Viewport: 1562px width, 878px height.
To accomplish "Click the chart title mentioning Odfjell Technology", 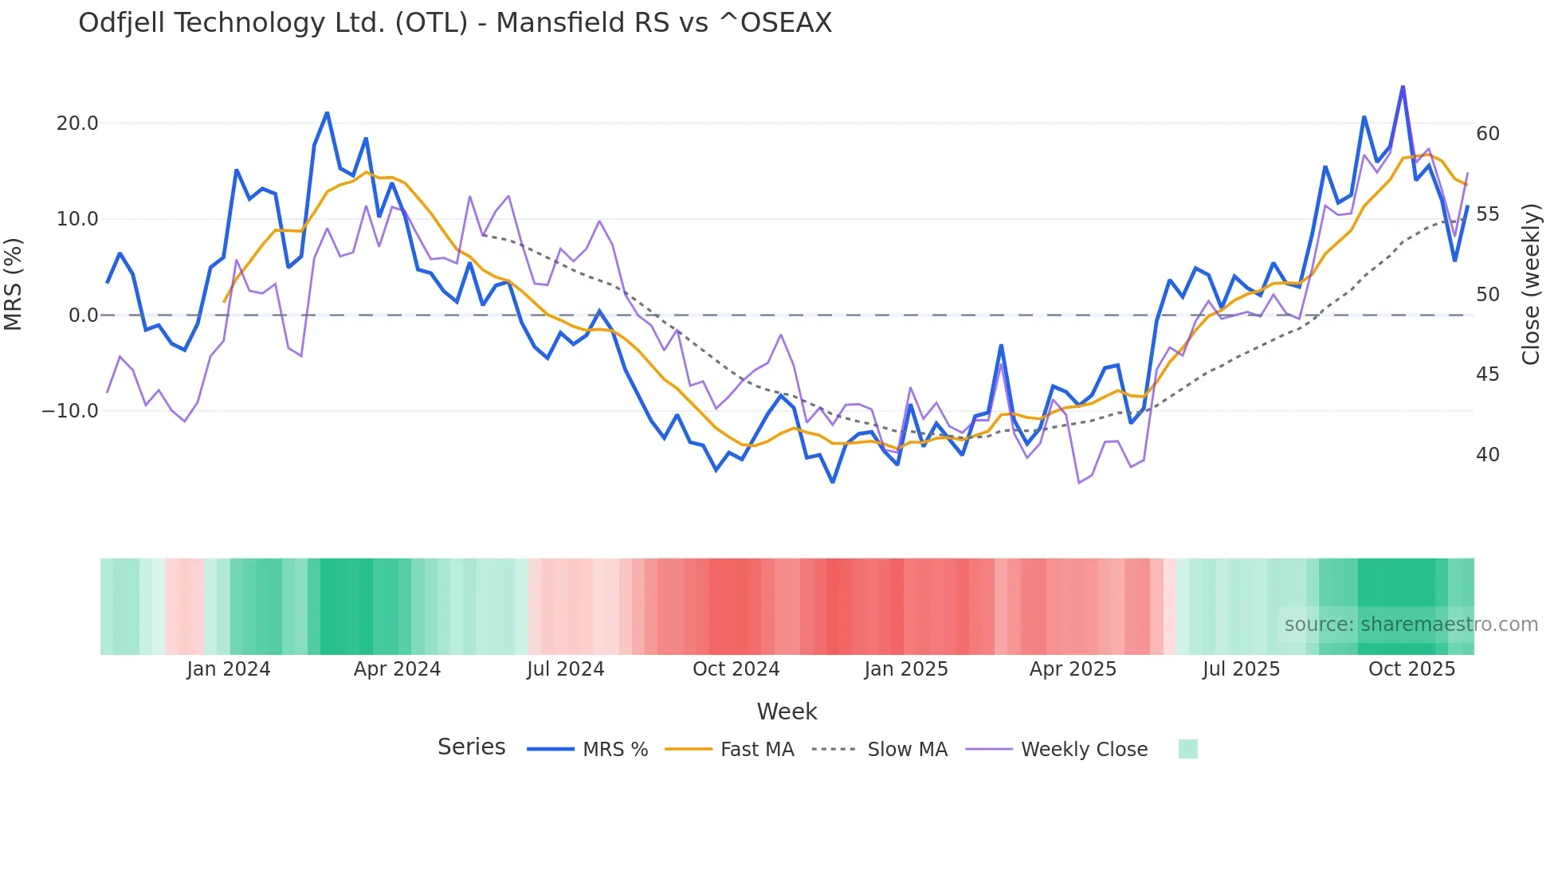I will point(455,23).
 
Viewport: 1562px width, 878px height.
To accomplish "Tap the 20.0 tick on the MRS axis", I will point(77,123).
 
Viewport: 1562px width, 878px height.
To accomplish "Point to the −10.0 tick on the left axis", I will point(70,411).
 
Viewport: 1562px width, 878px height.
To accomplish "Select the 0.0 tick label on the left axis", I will point(84,316).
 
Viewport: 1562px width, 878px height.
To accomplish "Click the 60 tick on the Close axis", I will point(1487,134).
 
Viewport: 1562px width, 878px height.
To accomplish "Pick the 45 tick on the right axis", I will point(1487,374).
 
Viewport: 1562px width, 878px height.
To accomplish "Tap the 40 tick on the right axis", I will point(1487,455).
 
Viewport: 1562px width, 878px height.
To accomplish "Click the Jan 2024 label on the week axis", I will point(229,669).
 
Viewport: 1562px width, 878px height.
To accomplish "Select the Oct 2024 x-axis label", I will point(736,669).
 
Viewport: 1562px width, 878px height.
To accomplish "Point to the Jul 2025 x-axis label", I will point(1241,669).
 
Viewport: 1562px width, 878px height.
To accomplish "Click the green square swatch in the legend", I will point(1187,749).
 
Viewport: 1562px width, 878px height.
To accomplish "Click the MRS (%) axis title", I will point(14,284).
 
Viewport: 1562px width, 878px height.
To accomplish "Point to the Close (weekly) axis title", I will point(1530,284).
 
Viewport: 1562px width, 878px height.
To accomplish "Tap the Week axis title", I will point(787,711).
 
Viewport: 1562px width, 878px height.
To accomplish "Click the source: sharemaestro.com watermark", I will point(1411,625).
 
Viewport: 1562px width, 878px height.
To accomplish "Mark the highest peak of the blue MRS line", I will point(1403,87).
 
